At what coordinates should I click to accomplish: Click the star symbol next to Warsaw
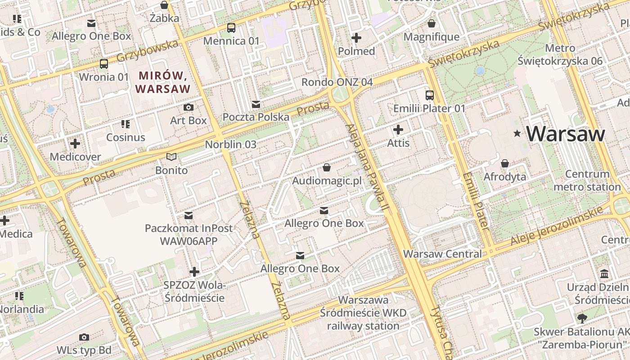click(517, 133)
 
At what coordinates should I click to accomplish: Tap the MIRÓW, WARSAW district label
click(163, 82)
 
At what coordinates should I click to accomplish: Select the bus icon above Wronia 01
click(104, 64)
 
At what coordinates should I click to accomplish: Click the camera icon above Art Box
click(189, 107)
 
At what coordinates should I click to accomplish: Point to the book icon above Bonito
click(171, 157)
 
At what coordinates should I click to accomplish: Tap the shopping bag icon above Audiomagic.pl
click(327, 167)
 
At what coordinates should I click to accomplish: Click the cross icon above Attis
click(398, 130)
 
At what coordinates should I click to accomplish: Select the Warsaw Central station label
click(442, 254)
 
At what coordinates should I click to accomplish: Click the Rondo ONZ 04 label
click(337, 82)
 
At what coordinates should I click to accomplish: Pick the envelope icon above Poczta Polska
click(256, 104)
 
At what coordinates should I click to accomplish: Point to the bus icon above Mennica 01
click(231, 28)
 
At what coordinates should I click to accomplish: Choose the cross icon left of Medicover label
click(75, 144)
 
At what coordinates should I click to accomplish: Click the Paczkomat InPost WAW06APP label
click(189, 234)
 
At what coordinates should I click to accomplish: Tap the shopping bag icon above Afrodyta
click(505, 163)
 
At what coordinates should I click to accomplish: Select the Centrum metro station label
click(587, 180)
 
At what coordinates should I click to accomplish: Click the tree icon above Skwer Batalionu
click(582, 319)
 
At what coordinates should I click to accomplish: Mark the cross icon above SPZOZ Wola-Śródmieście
click(194, 272)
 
